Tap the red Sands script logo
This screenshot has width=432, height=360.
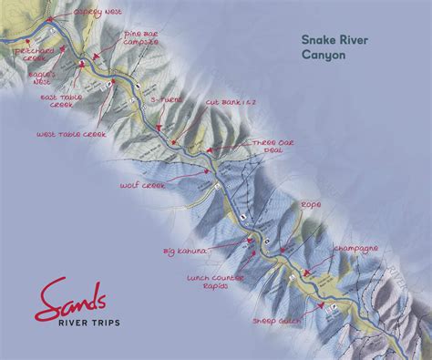point(72,296)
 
